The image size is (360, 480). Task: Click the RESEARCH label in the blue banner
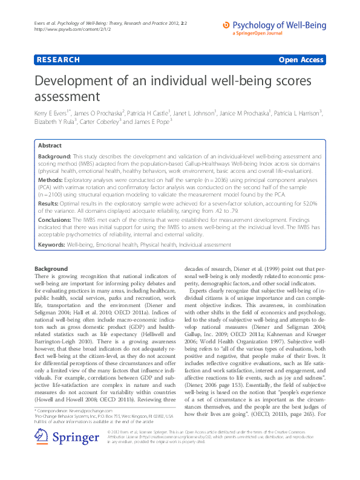[58, 60]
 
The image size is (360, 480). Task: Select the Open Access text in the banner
[301, 60]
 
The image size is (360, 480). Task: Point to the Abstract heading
[50, 146]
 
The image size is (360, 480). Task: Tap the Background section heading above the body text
[51, 268]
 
